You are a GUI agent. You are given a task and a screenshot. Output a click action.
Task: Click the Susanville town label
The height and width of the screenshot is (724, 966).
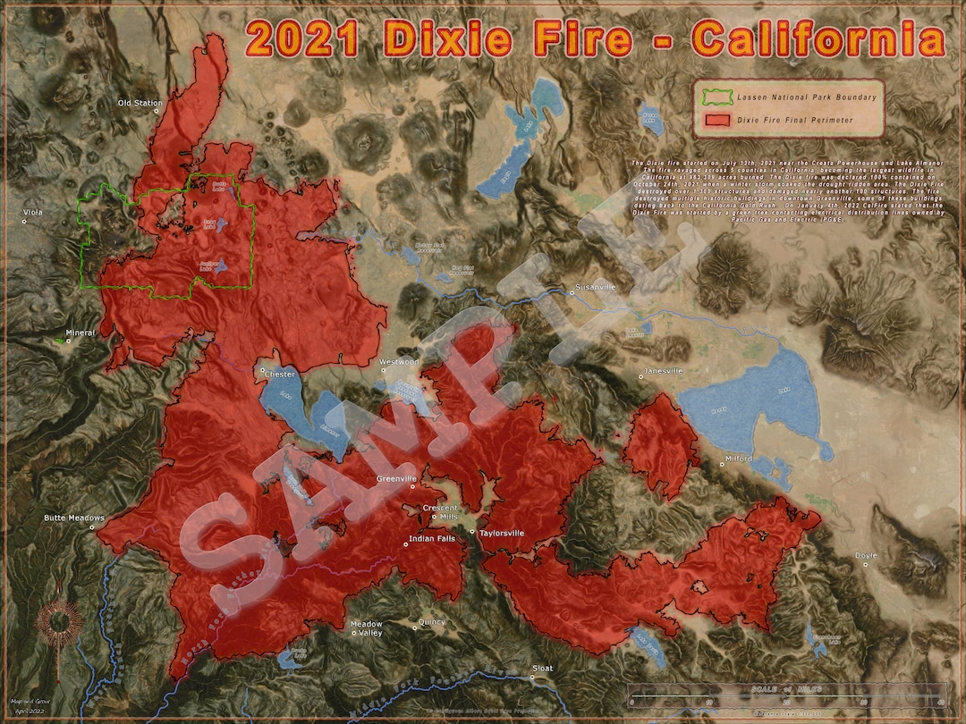pyautogui.click(x=595, y=288)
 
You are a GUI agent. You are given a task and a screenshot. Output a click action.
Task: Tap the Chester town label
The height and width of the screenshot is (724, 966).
pyautogui.click(x=280, y=375)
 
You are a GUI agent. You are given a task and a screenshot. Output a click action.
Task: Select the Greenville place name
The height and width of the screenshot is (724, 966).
pyautogui.click(x=397, y=479)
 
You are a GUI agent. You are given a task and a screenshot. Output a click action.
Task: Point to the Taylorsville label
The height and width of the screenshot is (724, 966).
pyautogui.click(x=502, y=534)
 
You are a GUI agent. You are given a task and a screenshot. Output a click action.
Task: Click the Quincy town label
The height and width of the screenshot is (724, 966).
pyautogui.click(x=432, y=623)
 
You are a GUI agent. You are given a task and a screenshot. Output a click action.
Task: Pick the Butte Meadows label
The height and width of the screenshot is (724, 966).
pyautogui.click(x=74, y=518)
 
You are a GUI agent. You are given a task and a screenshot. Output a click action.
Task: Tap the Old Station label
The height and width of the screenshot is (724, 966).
pyautogui.click(x=140, y=104)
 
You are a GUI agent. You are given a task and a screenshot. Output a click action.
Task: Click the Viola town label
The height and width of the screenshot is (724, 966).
pyautogui.click(x=34, y=213)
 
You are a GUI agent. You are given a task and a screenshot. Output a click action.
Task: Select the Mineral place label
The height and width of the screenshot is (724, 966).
pyautogui.click(x=80, y=333)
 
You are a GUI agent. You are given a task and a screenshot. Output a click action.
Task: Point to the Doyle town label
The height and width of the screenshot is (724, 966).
pyautogui.click(x=867, y=556)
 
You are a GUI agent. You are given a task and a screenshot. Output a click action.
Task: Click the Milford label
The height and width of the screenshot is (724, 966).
pyautogui.click(x=739, y=459)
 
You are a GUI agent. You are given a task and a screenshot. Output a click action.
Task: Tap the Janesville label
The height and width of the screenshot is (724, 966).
pyautogui.click(x=664, y=371)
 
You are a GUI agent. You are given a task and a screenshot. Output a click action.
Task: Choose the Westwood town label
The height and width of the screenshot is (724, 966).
pyautogui.click(x=399, y=362)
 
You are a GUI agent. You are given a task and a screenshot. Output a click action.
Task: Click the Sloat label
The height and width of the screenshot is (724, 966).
pyautogui.click(x=543, y=669)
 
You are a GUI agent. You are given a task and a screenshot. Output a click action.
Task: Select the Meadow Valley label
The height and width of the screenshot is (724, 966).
pyautogui.click(x=367, y=628)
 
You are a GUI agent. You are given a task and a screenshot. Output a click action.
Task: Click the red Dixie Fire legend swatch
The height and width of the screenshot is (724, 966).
pyautogui.click(x=717, y=119)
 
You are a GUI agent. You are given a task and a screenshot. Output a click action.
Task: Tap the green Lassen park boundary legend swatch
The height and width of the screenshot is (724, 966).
pyautogui.click(x=717, y=97)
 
